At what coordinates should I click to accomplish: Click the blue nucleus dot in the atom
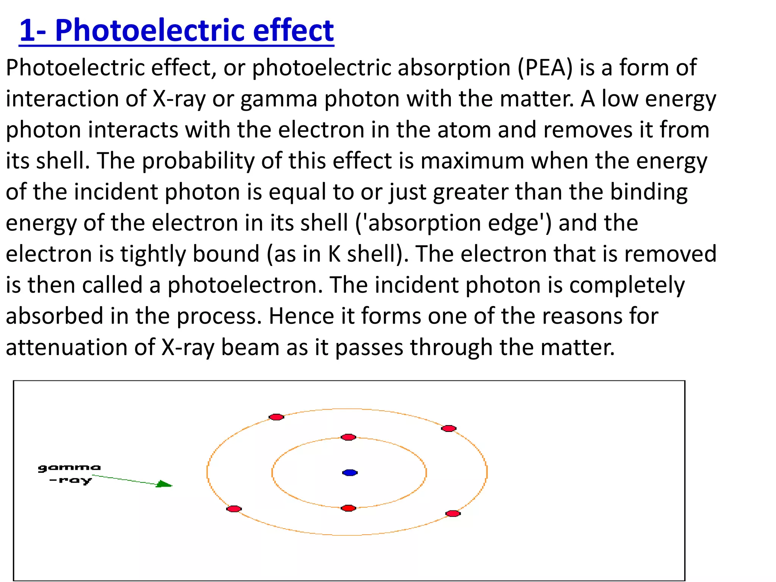click(350, 472)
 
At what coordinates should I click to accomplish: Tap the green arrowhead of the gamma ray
click(165, 484)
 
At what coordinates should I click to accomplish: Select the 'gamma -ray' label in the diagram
click(70, 474)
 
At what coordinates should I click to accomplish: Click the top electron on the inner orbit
click(348, 437)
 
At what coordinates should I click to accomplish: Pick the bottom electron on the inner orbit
click(348, 508)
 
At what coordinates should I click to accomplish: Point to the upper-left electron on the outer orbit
click(276, 417)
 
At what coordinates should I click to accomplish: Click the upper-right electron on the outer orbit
click(449, 429)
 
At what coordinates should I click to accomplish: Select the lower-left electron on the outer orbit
click(234, 509)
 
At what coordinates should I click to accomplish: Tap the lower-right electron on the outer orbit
click(453, 514)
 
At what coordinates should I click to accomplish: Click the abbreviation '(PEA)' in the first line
click(545, 68)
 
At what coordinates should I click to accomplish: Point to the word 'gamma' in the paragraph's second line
click(278, 99)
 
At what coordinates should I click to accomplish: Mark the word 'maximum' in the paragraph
click(472, 161)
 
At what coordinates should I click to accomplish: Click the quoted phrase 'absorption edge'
click(453, 224)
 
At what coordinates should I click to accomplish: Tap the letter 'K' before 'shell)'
click(335, 254)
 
